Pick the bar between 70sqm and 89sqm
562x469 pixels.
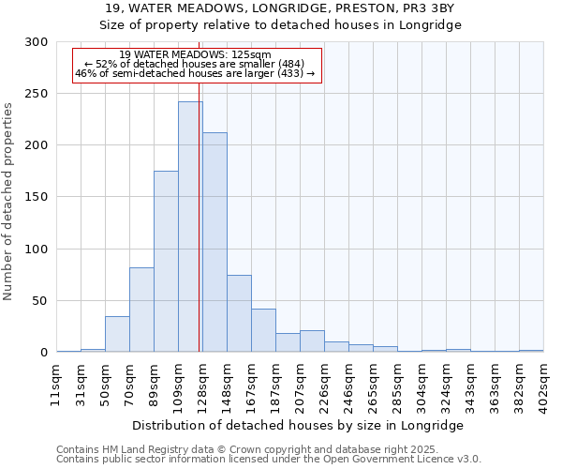click(x=141, y=310)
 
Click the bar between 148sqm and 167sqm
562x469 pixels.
click(x=239, y=313)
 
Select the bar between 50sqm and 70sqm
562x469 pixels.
click(x=117, y=334)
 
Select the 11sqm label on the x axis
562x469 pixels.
click(x=57, y=384)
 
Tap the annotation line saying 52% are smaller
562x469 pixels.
click(x=197, y=64)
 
